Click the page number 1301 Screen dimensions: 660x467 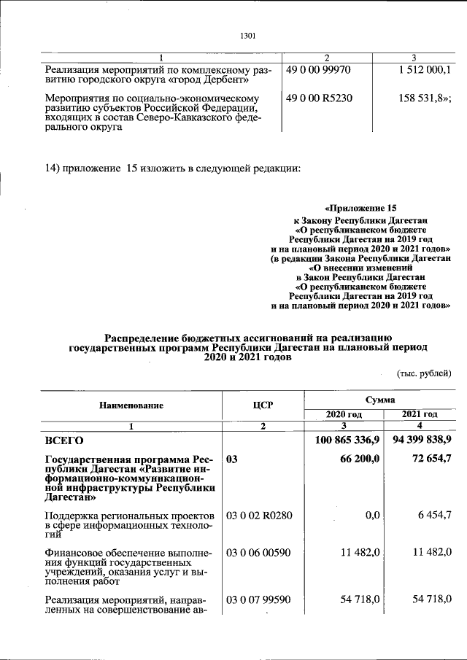(247, 35)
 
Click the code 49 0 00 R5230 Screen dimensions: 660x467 (318, 97)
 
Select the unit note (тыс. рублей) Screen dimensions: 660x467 (423, 373)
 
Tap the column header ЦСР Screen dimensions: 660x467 (262, 405)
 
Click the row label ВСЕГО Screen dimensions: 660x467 (64, 440)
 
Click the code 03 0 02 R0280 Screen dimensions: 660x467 (259, 516)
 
